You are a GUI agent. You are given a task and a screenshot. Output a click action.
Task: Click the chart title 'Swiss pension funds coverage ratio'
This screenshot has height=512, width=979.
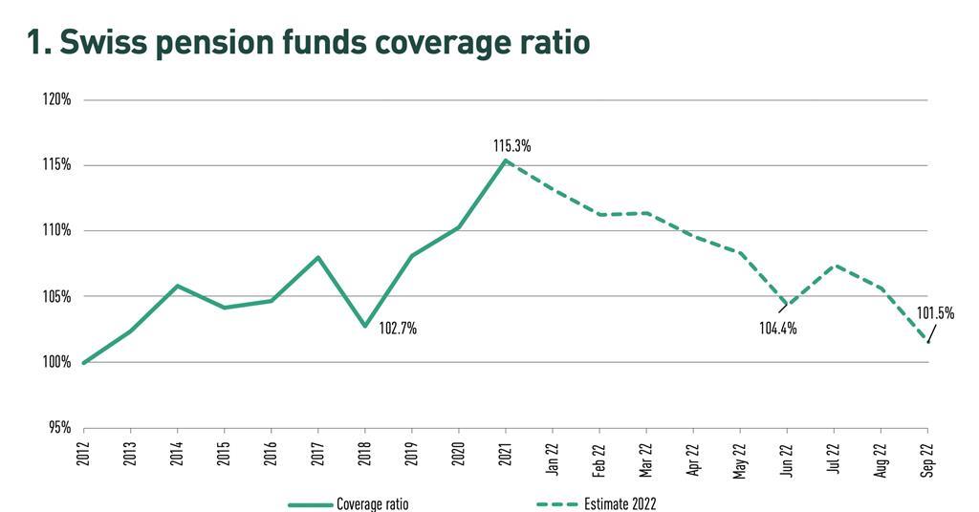309,44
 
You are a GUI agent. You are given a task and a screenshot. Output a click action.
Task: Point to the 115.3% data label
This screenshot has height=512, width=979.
511,146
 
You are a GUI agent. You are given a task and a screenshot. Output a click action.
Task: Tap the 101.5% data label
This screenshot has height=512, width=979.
935,312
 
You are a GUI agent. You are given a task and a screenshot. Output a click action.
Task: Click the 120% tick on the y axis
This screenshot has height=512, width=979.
57,99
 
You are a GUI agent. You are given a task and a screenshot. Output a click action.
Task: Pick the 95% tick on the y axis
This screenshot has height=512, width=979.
60,427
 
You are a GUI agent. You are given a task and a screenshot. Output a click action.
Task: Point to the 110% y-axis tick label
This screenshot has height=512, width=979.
57,230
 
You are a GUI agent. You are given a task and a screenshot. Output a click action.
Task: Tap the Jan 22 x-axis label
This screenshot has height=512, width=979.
553,455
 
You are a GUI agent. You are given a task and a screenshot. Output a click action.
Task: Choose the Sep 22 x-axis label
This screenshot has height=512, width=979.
927,455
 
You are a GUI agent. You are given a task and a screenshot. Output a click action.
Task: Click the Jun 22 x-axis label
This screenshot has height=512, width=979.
787,455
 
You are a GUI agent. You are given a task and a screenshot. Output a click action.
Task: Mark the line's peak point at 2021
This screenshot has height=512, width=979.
506,160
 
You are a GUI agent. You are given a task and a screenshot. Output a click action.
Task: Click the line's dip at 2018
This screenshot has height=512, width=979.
365,327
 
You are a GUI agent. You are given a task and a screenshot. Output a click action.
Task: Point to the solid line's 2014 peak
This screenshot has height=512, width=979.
178,286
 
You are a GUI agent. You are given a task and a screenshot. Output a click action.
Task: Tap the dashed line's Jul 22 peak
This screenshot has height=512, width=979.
834,266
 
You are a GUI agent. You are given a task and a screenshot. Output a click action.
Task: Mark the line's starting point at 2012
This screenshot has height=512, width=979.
84,363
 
